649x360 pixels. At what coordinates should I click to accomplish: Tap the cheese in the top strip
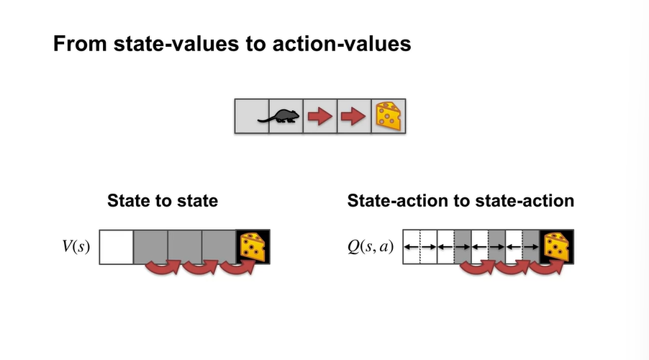[x=389, y=117]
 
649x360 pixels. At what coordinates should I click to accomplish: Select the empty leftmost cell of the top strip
[x=252, y=117]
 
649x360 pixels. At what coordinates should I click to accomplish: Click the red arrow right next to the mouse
[x=319, y=117]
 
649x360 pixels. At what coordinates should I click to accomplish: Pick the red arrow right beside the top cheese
[x=354, y=117]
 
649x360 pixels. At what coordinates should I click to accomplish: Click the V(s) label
[x=76, y=247]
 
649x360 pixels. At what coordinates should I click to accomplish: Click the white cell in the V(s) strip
[x=117, y=247]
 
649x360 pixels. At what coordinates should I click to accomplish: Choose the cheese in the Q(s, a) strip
[x=555, y=247]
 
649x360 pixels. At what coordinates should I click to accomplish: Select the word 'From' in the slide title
[x=76, y=44]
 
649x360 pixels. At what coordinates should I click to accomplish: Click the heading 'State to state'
[x=163, y=201]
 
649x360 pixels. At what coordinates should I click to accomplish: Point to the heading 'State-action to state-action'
[x=460, y=201]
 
